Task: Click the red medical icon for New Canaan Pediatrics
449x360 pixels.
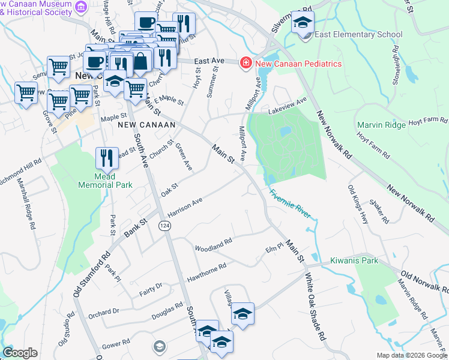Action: point(245,63)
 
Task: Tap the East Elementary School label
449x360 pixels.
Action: point(358,34)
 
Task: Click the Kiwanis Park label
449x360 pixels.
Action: point(354,261)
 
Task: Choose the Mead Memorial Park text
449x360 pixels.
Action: point(105,181)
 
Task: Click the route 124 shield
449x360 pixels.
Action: point(163,225)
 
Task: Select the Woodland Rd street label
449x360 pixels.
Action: point(213,245)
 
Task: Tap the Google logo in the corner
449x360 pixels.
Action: point(20,353)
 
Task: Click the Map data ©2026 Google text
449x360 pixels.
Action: point(412,355)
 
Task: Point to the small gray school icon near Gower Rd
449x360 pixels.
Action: point(159,346)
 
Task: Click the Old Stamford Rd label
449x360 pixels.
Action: point(89,269)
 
